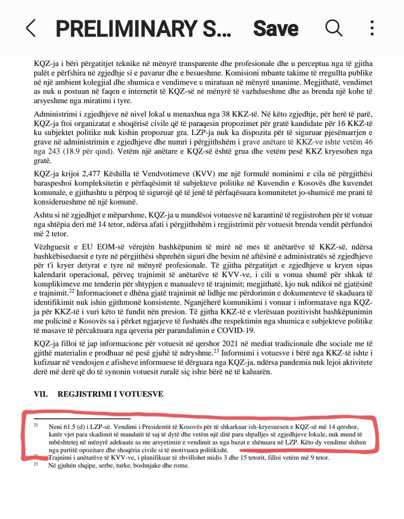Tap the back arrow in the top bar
coord(31,28)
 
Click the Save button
coord(276,28)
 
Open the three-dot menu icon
coord(372,28)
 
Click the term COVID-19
coord(237,330)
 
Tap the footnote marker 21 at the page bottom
coord(37,425)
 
